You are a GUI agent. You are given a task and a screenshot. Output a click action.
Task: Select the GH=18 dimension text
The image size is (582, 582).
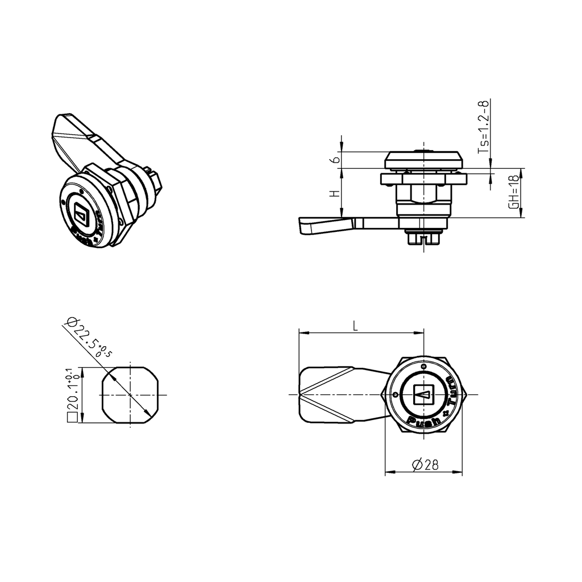[514, 193]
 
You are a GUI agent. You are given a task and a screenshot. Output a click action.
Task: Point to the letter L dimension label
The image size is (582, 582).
[355, 326]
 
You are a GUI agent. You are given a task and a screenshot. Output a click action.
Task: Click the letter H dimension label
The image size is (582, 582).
[335, 193]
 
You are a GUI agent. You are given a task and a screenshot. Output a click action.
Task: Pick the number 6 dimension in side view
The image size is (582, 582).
[336, 160]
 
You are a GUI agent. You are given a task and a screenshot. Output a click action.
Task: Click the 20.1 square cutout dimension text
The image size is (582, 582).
[73, 391]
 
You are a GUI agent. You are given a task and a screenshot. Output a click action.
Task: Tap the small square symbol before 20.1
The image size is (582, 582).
[72, 418]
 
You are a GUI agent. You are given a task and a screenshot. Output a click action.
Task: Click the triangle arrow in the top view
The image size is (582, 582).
[423, 394]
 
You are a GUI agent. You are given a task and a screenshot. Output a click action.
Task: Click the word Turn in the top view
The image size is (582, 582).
[449, 392]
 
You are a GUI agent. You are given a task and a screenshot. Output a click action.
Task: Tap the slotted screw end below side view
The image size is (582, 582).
[423, 239]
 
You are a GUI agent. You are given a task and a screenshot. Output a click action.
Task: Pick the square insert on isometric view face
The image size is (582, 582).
[82, 215]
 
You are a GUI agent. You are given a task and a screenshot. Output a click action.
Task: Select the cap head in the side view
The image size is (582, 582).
[423, 160]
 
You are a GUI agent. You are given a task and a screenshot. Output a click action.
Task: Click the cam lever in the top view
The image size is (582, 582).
[335, 394]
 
